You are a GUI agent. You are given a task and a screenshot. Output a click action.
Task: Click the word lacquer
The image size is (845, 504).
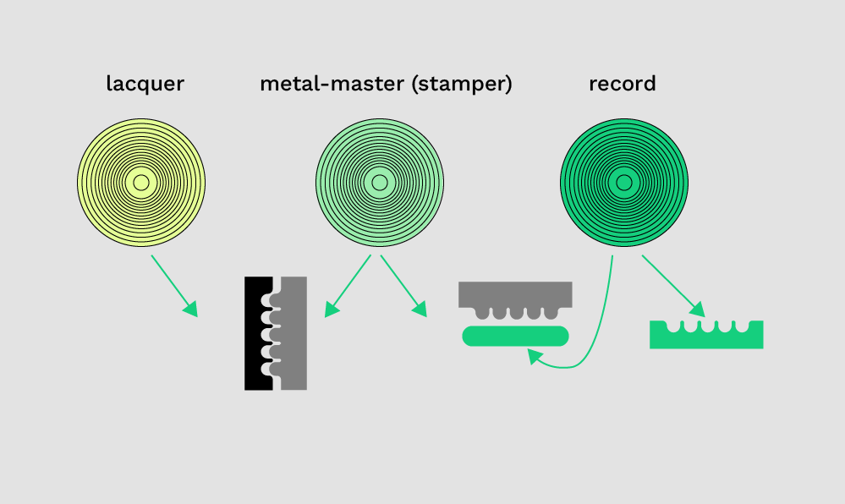(145, 84)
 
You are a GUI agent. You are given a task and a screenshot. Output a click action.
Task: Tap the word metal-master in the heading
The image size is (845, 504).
(332, 84)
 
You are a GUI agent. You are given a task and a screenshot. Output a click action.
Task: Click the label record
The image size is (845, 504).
(623, 84)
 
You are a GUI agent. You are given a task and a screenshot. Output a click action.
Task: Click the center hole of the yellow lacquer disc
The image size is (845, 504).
(141, 183)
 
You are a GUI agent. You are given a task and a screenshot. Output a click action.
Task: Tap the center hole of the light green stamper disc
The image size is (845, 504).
(379, 183)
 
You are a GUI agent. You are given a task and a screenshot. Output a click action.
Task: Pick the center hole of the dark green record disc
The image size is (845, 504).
(624, 183)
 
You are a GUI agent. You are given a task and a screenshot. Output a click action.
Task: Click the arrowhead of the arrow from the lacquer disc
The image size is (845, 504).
(191, 309)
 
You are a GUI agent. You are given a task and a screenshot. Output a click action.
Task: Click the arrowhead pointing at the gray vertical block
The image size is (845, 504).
(331, 310)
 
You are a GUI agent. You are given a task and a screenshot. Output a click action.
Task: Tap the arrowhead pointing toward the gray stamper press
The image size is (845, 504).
(420, 310)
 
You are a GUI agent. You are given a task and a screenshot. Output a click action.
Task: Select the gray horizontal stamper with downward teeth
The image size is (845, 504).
(515, 293)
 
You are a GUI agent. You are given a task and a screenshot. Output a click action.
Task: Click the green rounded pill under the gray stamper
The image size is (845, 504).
(515, 336)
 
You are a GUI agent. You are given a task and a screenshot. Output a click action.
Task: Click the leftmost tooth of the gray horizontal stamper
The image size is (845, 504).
(481, 311)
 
